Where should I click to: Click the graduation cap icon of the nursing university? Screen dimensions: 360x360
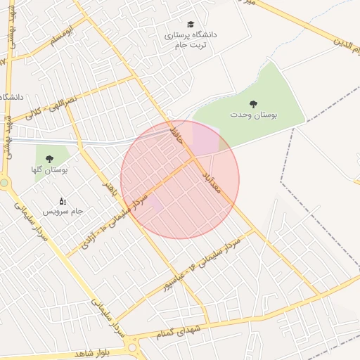[191, 24]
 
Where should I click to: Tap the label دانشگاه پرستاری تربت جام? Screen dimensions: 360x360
[191, 39]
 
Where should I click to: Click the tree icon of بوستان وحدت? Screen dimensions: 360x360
[253, 104]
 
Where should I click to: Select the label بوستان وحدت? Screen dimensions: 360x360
[254, 115]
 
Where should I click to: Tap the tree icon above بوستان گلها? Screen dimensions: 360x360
[49, 160]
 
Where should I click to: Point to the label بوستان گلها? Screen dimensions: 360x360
[49, 170]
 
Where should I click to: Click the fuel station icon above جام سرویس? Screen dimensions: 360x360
[63, 201]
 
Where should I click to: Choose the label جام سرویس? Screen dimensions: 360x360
[62, 211]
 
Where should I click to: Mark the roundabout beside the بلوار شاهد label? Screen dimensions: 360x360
[133, 347]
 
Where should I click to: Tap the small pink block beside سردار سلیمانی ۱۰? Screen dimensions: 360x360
[155, 203]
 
